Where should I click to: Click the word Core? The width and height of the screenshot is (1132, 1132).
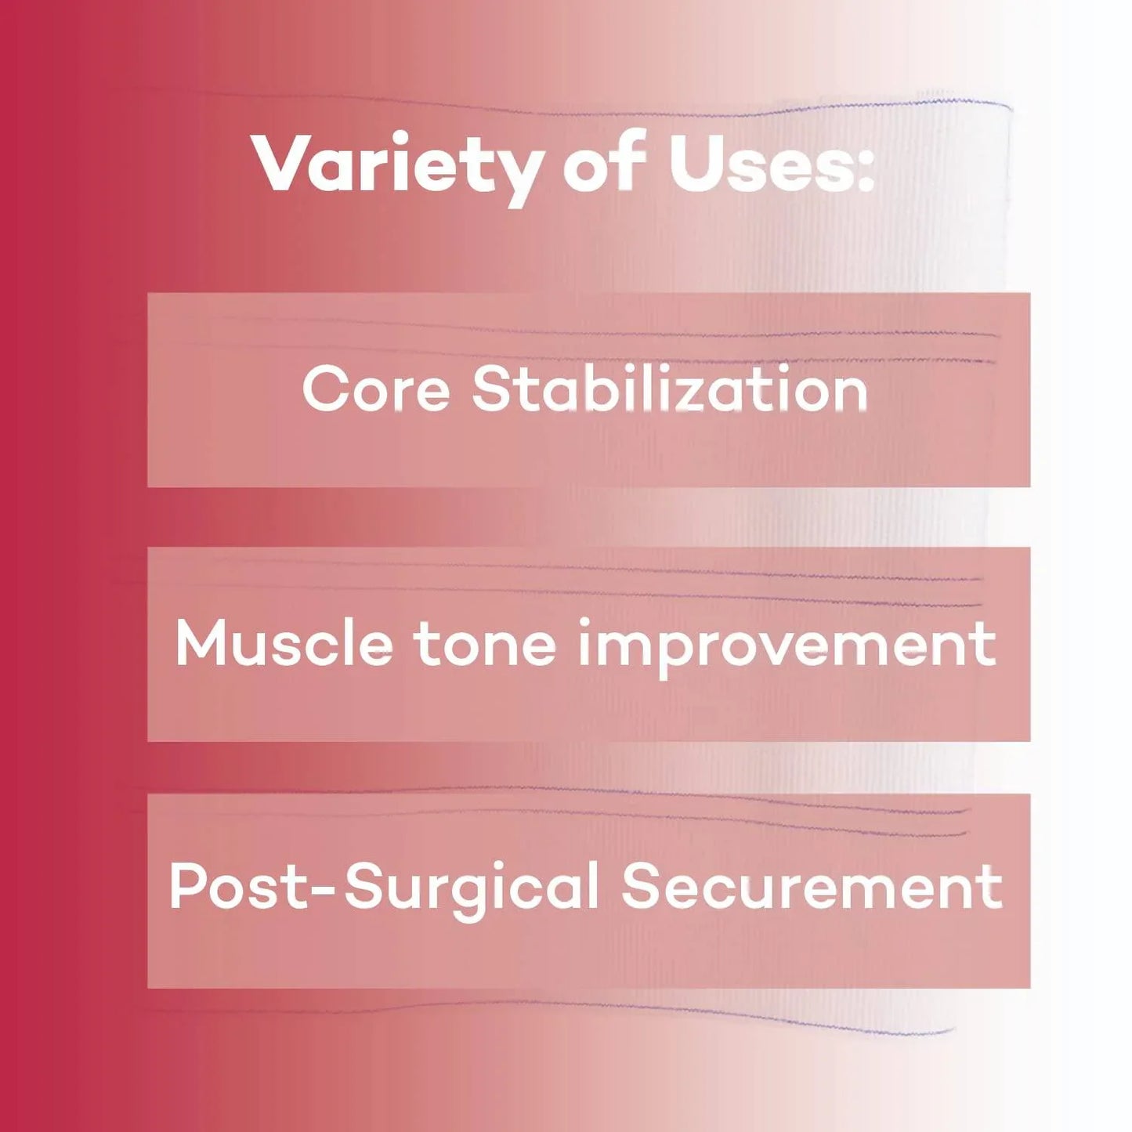(375, 389)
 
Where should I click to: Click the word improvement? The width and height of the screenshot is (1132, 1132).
(787, 646)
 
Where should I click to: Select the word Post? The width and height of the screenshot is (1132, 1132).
(239, 888)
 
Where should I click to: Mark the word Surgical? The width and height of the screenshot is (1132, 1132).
(471, 890)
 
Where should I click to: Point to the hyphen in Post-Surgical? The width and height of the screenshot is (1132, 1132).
(325, 891)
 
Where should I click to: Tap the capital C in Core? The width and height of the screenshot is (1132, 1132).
(324, 389)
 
